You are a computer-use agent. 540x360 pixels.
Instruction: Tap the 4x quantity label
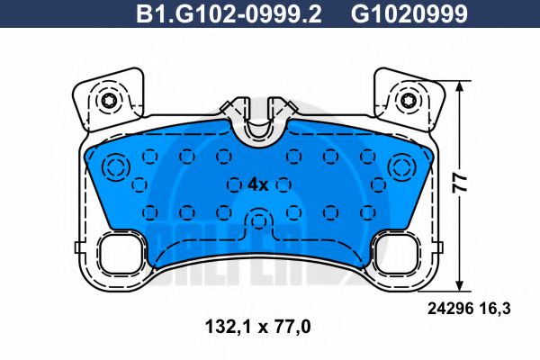point(257,184)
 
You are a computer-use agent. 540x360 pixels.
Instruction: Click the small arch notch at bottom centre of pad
point(259,221)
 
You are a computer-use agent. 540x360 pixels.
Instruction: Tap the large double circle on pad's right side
point(401,166)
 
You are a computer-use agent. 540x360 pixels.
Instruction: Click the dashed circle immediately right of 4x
point(284,184)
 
